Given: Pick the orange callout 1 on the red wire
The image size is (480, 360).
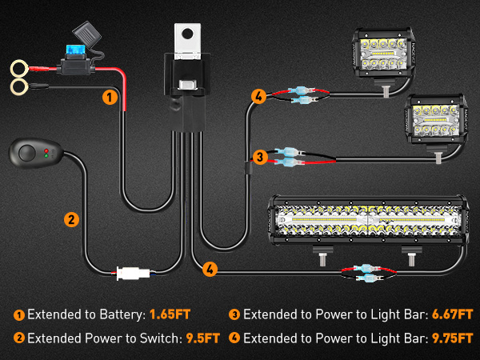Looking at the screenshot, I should tap(110, 98).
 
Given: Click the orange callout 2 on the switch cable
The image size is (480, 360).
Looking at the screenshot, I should tap(71, 218).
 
